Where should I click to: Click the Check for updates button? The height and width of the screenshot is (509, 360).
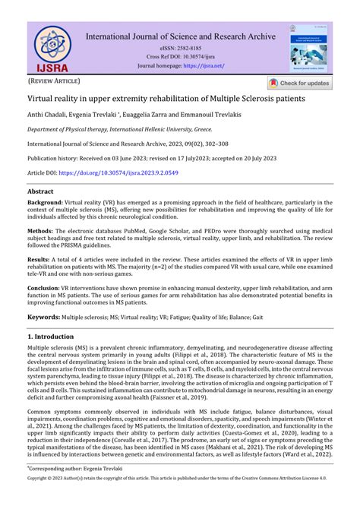(x=298, y=84)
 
